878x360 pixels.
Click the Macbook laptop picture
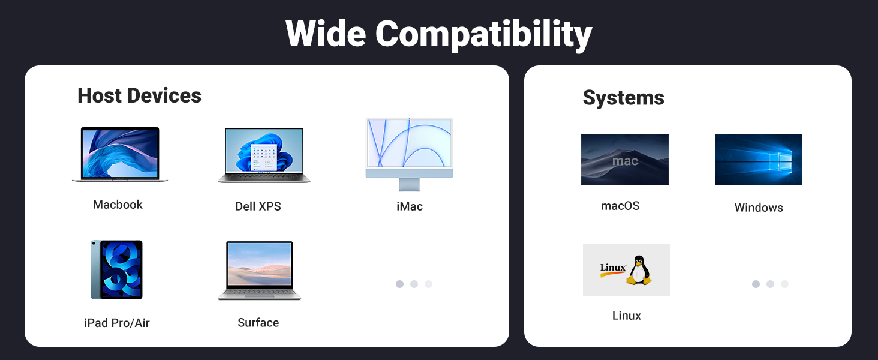pos(119,154)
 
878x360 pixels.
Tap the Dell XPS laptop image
pos(264,155)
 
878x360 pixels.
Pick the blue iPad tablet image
pos(117,269)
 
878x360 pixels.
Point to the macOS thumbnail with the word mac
pos(625,160)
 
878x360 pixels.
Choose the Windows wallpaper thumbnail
pos(758,160)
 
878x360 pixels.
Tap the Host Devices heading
pos(139,96)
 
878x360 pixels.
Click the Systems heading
pos(623,98)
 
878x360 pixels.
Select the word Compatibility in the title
pos(483,34)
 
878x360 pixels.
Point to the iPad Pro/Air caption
pos(117,323)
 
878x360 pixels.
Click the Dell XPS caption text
pos(258,206)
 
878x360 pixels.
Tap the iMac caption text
pos(410,206)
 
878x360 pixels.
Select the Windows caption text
pos(759,208)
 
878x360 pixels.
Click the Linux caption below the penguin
pos(627,316)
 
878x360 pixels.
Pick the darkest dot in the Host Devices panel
pos(399,284)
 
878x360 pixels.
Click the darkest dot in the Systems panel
pos(756,284)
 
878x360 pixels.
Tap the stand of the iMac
pos(410,184)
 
